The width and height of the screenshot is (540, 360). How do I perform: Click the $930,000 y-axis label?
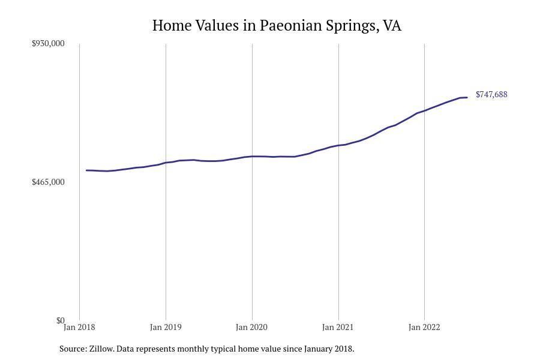click(48, 43)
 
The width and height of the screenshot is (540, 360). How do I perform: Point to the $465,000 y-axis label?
click(48, 182)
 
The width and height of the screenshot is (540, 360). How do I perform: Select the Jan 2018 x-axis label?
click(79, 327)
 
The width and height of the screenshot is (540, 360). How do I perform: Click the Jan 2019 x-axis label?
click(166, 327)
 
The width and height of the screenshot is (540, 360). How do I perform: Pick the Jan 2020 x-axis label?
click(252, 327)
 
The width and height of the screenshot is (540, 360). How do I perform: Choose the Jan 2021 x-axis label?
click(338, 327)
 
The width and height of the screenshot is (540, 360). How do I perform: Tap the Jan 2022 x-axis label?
click(424, 327)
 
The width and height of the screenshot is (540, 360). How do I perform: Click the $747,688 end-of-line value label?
click(491, 94)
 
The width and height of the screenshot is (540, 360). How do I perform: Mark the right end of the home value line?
click(467, 97)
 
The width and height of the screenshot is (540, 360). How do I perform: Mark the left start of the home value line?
click(87, 170)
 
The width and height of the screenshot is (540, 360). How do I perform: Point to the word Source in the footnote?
click(73, 349)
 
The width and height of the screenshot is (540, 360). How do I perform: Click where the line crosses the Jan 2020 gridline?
click(252, 157)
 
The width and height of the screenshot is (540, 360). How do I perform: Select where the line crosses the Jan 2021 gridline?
click(338, 145)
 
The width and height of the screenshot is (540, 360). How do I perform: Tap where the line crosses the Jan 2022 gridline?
click(424, 110)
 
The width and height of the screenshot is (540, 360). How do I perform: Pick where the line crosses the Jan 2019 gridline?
click(166, 163)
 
